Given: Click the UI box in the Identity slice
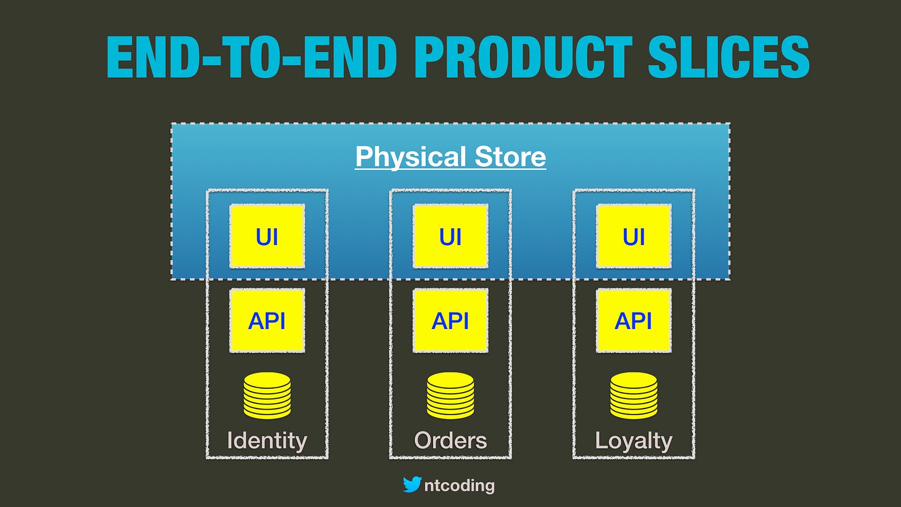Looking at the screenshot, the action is tap(267, 236).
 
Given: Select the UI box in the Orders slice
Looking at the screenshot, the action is tap(450, 236).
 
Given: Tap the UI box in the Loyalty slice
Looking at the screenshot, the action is tap(634, 236).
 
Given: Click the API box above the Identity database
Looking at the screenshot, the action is tap(267, 321).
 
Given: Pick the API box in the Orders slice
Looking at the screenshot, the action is tap(450, 321).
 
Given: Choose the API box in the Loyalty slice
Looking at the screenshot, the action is tap(634, 321).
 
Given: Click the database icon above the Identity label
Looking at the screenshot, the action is tap(267, 395).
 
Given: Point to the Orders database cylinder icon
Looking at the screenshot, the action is tap(450, 395).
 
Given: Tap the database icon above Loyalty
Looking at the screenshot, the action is tap(634, 395).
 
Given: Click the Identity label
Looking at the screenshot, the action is tap(267, 441).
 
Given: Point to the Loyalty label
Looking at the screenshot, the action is tap(634, 441).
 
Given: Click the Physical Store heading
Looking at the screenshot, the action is tap(450, 157).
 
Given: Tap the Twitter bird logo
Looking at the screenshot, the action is tap(412, 484).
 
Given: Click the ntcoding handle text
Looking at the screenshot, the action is tap(460, 486).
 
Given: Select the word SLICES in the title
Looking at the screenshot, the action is tap(729, 57).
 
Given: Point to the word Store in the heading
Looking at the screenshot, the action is tap(510, 157).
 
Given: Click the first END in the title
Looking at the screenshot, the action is tap(153, 57).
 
